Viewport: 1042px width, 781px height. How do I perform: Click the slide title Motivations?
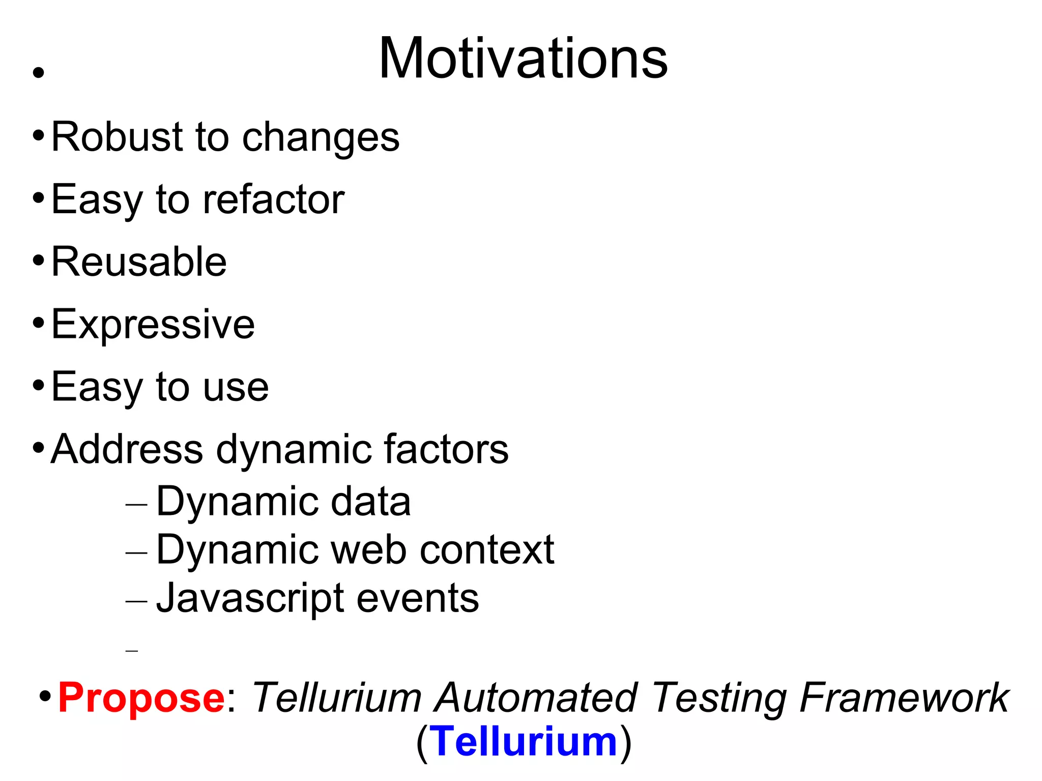tap(523, 59)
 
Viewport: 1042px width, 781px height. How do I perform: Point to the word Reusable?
tap(139, 262)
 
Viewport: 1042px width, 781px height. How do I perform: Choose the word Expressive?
tap(153, 324)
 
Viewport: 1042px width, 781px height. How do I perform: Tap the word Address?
tap(127, 449)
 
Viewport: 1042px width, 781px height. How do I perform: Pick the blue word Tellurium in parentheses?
tap(524, 742)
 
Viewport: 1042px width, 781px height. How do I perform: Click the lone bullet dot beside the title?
tap(38, 73)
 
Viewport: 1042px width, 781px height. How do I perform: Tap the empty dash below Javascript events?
tap(132, 651)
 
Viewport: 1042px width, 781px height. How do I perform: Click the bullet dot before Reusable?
tap(38, 261)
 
